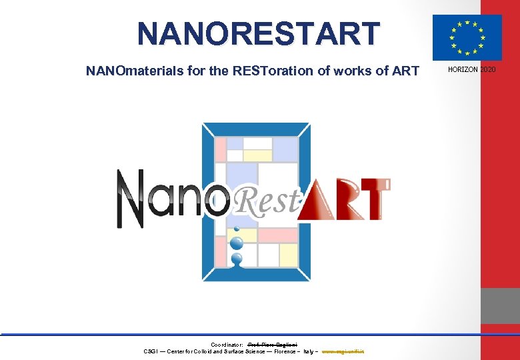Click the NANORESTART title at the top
click(x=259, y=33)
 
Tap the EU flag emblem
click(x=467, y=37)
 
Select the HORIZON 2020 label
click(x=471, y=70)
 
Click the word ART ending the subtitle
click(x=406, y=71)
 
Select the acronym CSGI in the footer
click(x=151, y=351)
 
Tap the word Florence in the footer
click(x=287, y=351)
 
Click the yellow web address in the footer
click(x=347, y=351)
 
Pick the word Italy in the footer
click(x=309, y=351)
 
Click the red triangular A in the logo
click(x=318, y=200)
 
